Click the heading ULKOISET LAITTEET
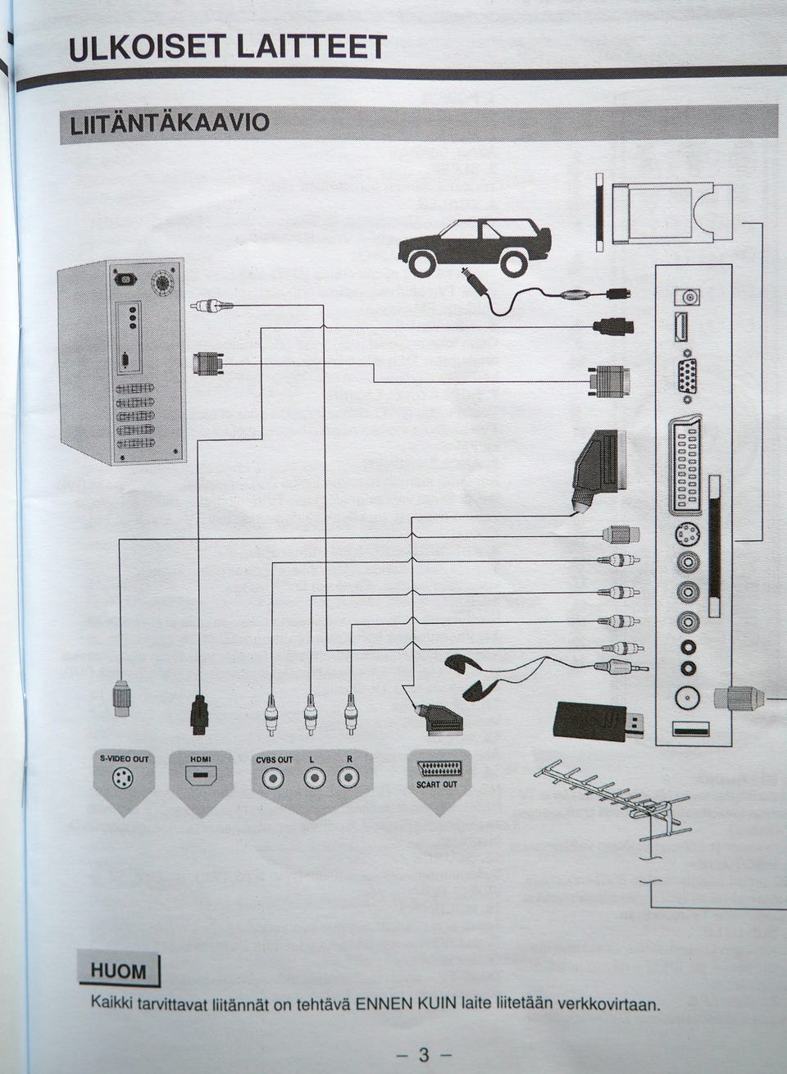228,48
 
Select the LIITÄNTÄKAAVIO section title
170,124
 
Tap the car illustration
475,245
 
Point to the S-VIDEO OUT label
124,758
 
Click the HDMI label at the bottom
200,759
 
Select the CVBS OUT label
274,759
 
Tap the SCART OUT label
437,784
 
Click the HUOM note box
119,972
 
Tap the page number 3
423,1054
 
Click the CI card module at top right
664,212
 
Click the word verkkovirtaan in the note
608,1004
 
